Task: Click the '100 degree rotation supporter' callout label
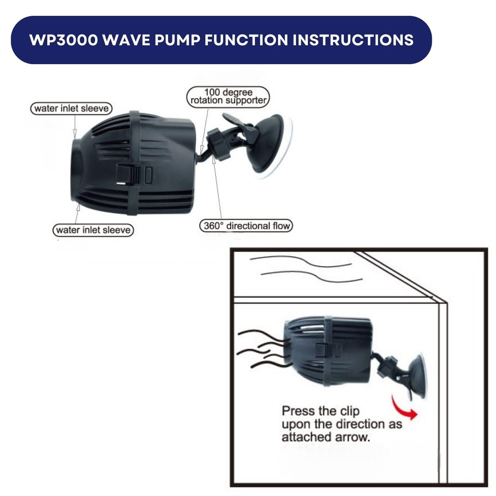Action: click(x=228, y=96)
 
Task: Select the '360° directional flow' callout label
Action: click(x=246, y=226)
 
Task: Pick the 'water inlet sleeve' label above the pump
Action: click(x=71, y=108)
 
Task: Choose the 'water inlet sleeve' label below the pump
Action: click(x=93, y=230)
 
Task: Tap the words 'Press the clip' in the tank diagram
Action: click(x=320, y=411)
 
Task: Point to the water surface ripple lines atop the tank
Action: click(x=305, y=269)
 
